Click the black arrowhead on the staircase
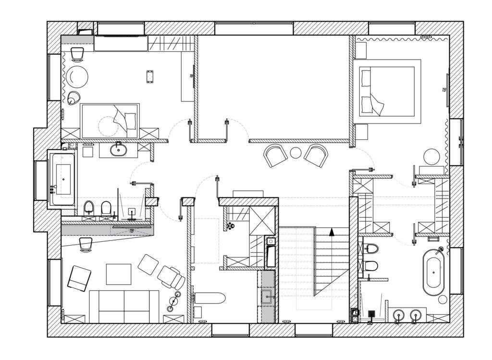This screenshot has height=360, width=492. [x=331, y=232]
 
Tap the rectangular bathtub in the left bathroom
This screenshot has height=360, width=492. [x=63, y=179]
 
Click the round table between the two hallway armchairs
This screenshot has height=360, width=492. [x=295, y=152]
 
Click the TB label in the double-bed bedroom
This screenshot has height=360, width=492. [x=443, y=90]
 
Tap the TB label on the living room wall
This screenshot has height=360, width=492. [x=131, y=231]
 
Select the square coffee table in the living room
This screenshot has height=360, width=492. [x=119, y=274]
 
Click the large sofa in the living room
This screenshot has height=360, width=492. [x=124, y=306]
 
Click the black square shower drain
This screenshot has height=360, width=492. [x=371, y=313]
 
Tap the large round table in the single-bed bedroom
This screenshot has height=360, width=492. [x=77, y=76]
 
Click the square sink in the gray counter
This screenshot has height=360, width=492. [x=267, y=295]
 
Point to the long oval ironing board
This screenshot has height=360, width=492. [x=209, y=298]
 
